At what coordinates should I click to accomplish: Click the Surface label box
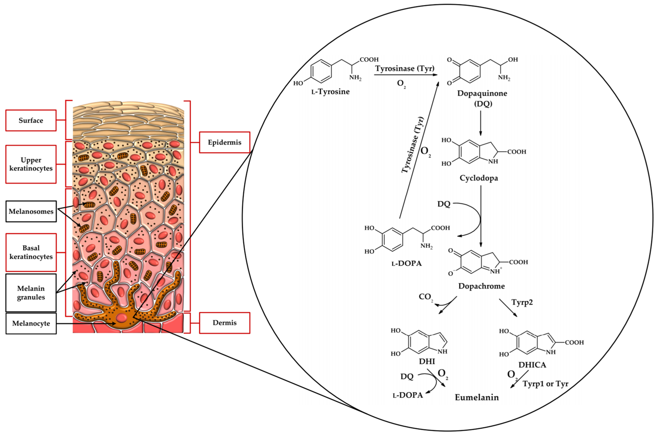31,120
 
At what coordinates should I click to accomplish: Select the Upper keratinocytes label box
31,164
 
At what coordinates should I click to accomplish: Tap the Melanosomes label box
31,211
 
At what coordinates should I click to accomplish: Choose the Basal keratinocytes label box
31,252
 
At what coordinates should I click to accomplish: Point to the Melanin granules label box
31,293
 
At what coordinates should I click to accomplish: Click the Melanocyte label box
31,323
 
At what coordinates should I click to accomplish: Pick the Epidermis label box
225,143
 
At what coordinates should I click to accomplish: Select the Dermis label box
225,323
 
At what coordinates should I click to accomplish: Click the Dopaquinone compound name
482,93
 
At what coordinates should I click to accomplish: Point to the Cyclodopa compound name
479,178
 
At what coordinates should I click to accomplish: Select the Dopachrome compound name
481,286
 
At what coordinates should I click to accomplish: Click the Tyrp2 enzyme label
522,302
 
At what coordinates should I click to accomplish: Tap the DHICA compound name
532,365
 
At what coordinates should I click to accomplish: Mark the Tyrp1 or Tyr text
545,384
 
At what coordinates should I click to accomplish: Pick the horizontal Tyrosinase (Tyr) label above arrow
405,68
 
